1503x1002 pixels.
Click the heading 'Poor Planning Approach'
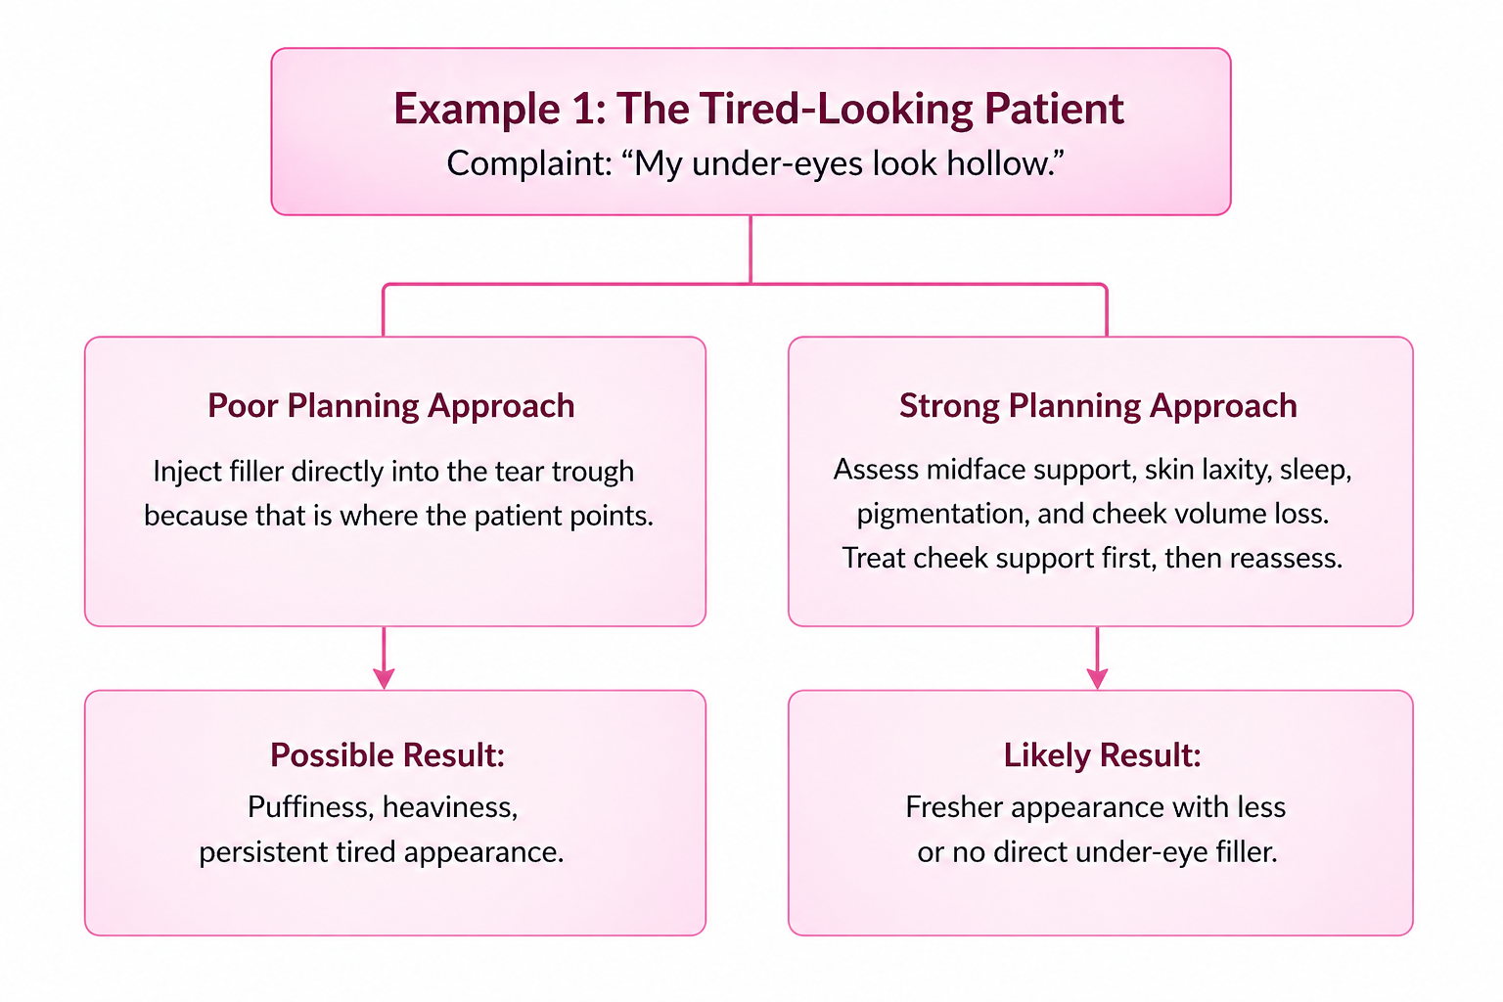pyautogui.click(x=391, y=406)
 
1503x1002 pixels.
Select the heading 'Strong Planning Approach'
pyautogui.click(x=1098, y=406)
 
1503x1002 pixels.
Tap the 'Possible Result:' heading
pyautogui.click(x=387, y=755)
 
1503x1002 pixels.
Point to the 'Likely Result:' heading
pyautogui.click(x=1102, y=755)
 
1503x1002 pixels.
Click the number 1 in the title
pyautogui.click(x=584, y=109)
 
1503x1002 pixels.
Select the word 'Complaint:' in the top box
pyautogui.click(x=529, y=163)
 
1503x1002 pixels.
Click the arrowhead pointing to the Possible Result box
pyautogui.click(x=384, y=678)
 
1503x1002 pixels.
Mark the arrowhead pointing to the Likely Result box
pyautogui.click(x=1097, y=678)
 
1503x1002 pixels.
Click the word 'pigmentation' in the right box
pyautogui.click(x=941, y=515)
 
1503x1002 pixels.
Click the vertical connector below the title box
pyautogui.click(x=751, y=250)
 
